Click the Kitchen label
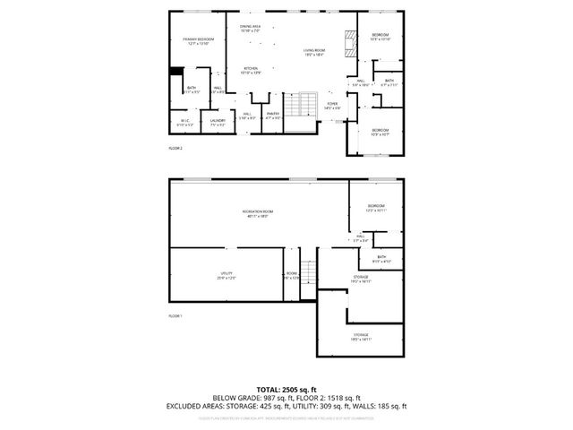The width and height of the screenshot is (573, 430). click(252, 70)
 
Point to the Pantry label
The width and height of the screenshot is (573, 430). click(273, 115)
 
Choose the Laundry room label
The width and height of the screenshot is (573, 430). click(217, 122)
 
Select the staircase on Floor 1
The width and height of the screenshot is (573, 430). click(307, 274)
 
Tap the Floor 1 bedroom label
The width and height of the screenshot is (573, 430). click(375, 208)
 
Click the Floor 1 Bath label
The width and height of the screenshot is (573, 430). click(381, 258)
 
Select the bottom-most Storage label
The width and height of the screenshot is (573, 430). click(361, 336)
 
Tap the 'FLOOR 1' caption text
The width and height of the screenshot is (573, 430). click(175, 316)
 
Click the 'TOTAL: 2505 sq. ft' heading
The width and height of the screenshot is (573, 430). click(286, 389)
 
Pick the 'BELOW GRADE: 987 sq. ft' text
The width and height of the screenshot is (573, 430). click(246, 398)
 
